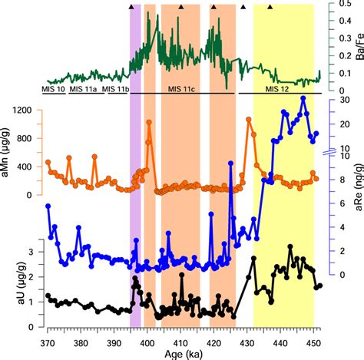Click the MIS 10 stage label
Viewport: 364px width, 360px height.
pyautogui.click(x=54, y=90)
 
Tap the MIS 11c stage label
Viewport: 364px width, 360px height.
pyautogui.click(x=181, y=90)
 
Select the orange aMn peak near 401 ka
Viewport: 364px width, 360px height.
pyautogui.click(x=148, y=122)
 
